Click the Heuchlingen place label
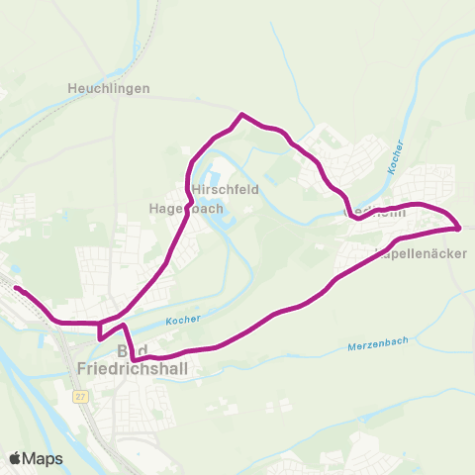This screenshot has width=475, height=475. [109, 88]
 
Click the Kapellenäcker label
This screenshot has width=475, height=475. [421, 252]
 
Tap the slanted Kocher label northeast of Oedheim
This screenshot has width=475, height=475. [396, 157]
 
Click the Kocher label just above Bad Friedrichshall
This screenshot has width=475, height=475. [183, 320]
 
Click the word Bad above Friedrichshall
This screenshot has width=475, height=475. [132, 352]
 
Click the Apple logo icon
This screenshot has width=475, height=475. [17, 458]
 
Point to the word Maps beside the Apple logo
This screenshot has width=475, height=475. [44, 458]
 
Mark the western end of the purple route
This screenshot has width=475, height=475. [16, 288]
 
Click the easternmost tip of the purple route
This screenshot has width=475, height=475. [460, 229]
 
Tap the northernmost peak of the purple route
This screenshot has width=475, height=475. [240, 115]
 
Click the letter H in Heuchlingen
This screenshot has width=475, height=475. [72, 88]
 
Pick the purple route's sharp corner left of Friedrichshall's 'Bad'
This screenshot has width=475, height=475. [100, 338]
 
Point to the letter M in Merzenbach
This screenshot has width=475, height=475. [352, 346]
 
